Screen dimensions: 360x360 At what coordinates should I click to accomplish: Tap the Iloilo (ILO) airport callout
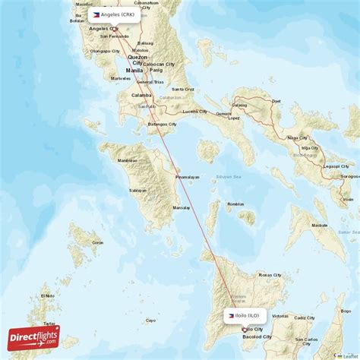coord(245,314)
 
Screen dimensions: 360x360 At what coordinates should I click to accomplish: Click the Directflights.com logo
coord(33,336)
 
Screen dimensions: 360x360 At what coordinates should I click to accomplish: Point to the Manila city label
coord(134,70)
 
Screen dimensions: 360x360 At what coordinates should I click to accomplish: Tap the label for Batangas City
coord(161,124)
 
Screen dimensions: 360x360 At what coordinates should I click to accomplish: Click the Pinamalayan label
coord(187,177)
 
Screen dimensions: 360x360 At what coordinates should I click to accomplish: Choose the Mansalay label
coord(182,207)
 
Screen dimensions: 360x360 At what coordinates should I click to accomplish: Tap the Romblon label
coord(235,204)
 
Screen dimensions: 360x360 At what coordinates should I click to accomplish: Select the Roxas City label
coord(271,275)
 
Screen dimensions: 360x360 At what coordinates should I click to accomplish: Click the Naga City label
coord(297,138)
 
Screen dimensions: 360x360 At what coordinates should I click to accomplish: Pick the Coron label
coord(97,242)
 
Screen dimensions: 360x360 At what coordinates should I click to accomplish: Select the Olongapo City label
coord(105,51)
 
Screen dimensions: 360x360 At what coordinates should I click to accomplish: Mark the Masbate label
coord(320,226)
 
